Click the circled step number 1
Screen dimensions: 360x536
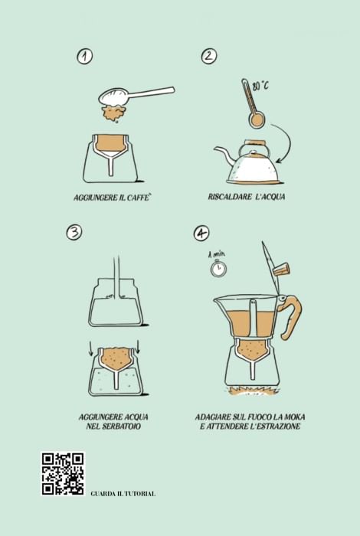[x=85, y=57]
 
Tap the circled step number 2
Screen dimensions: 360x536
[x=209, y=56]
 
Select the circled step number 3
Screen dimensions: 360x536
[x=74, y=233]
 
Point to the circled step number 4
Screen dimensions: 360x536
[x=201, y=233]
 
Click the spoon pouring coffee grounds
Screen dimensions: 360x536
[x=137, y=95]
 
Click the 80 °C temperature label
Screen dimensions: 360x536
[x=260, y=86]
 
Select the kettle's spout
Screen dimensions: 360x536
[x=224, y=154]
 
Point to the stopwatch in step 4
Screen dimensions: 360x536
[x=218, y=268]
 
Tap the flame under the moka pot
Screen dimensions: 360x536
[x=252, y=391]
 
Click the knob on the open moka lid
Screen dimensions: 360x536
[x=281, y=268]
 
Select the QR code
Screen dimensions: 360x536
[x=63, y=473]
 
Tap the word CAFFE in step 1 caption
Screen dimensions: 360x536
[x=139, y=198]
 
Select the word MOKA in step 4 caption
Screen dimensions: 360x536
[x=293, y=417]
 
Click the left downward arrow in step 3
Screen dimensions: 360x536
[x=92, y=347]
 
